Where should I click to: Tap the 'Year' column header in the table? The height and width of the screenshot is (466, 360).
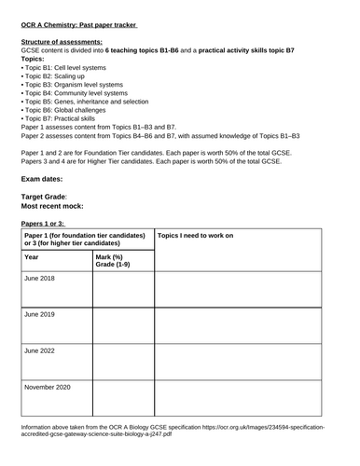(32, 256)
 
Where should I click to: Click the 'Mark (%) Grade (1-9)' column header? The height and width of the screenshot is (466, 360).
(116, 261)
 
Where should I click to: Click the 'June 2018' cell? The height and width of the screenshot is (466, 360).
(40, 279)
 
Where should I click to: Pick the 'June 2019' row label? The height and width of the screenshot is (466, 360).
(40, 314)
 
